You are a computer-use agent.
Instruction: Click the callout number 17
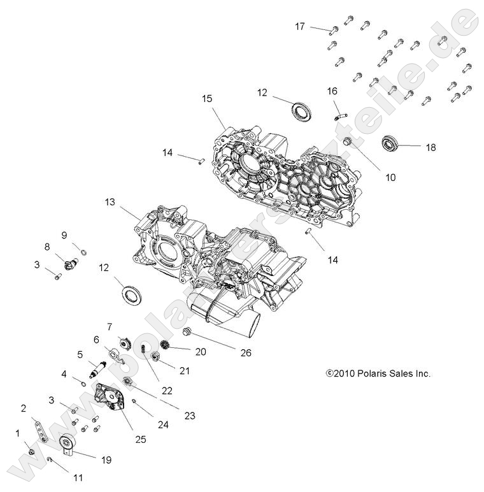point(300,26)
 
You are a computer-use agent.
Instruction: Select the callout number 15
point(206,99)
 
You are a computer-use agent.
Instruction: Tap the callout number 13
point(111,202)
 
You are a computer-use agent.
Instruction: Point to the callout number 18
point(431,147)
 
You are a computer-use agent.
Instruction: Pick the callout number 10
point(390,177)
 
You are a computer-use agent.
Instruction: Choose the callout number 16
point(332,90)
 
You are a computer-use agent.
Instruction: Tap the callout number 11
point(78,476)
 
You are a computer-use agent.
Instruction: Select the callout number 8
point(46,246)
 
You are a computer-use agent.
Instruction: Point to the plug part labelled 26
point(187,332)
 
